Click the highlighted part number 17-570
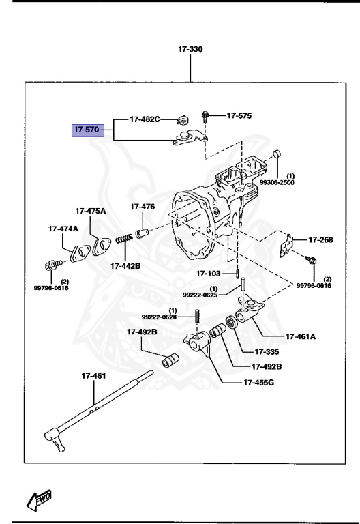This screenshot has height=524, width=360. click(87, 130)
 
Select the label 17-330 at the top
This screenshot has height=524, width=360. click(190, 49)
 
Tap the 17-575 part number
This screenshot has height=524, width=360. click(239, 115)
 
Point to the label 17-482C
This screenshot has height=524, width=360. click(145, 119)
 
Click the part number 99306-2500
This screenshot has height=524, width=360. click(276, 182)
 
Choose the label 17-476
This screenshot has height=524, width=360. click(142, 207)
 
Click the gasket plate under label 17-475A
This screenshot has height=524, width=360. click(102, 245)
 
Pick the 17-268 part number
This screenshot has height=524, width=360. click(320, 239)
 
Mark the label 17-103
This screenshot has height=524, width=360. click(209, 274)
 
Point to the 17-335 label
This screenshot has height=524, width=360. click(267, 352)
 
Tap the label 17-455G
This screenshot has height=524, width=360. click(258, 382)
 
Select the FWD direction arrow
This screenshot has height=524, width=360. click(41, 499)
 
